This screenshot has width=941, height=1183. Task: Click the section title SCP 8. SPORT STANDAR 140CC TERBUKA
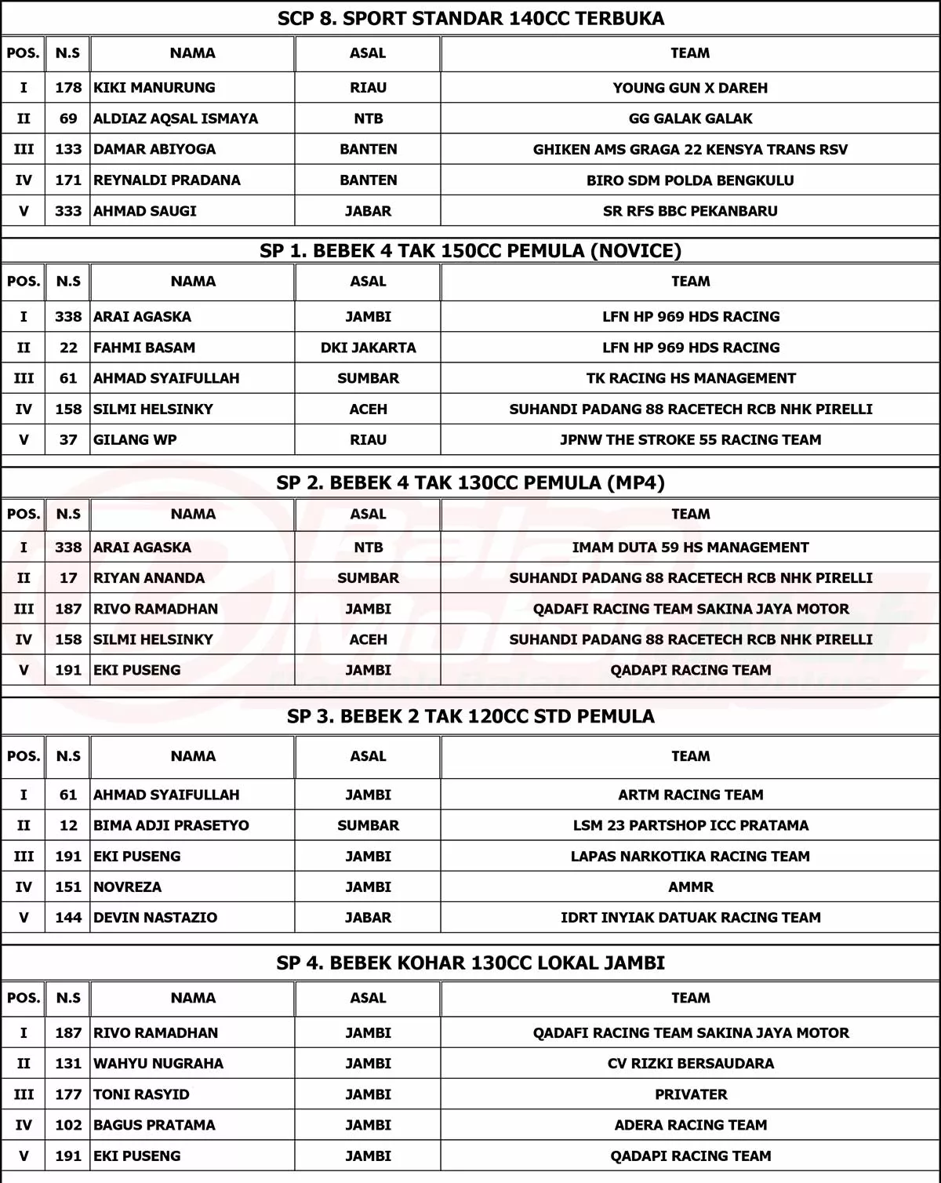tap(470, 18)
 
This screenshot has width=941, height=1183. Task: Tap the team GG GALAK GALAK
tap(690, 118)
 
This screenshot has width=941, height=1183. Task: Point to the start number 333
tap(68, 211)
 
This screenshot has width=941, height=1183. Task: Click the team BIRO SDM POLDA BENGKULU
tap(690, 180)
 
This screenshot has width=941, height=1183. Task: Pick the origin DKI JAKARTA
tap(368, 348)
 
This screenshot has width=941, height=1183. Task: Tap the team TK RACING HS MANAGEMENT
tap(690, 378)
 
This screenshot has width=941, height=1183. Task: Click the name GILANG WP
tap(135, 440)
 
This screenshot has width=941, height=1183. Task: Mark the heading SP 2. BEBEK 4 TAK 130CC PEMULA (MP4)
tap(470, 482)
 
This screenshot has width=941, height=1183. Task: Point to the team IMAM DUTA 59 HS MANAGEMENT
tap(690, 548)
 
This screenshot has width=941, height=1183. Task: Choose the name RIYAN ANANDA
tap(149, 578)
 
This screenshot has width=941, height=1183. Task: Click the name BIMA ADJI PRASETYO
tap(171, 825)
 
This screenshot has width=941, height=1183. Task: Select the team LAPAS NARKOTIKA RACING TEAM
tap(690, 857)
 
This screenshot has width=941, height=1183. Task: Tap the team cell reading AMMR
tap(690, 887)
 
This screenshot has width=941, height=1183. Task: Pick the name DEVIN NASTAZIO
tap(155, 918)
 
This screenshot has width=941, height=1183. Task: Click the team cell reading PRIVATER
tap(690, 1094)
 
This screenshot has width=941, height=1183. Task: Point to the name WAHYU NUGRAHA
tap(158, 1064)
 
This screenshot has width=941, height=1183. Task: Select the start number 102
tap(68, 1125)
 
